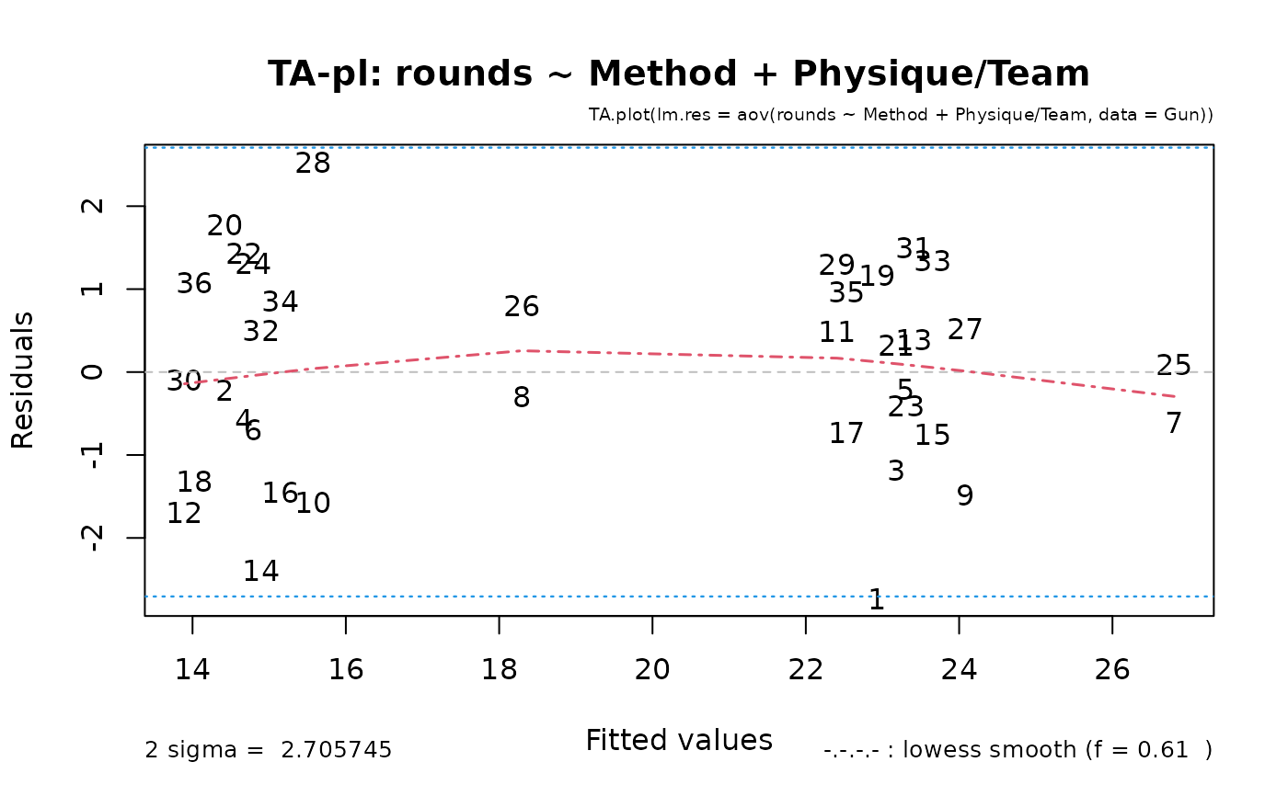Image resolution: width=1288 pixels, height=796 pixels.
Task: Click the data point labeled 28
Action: (x=313, y=164)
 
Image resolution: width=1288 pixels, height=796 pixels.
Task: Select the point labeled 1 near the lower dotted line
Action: (x=876, y=600)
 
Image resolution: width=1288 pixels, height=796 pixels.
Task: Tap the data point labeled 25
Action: (x=1174, y=365)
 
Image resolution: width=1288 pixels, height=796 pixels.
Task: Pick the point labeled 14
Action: (x=261, y=572)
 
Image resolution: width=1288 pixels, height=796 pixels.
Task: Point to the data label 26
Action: (x=522, y=307)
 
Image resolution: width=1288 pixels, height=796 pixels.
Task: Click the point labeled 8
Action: (x=522, y=397)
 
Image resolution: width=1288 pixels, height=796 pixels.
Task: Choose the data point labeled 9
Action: (x=965, y=495)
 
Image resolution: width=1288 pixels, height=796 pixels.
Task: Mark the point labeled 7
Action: (x=1174, y=423)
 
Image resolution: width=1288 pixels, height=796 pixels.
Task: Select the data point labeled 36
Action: (x=194, y=284)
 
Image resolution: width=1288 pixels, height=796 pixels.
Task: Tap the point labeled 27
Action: (x=964, y=330)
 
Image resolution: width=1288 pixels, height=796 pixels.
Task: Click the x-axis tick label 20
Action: (x=652, y=670)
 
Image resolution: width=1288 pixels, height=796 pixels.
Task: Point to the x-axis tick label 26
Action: (x=1112, y=670)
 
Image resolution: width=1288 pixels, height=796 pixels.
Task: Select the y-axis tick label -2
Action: (x=93, y=538)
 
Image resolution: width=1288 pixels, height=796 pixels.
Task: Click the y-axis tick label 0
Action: (x=93, y=372)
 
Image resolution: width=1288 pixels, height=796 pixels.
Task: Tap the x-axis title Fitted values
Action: (x=679, y=740)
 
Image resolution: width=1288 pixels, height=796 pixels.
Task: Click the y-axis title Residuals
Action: (x=22, y=381)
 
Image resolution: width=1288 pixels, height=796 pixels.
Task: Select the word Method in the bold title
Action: (x=663, y=74)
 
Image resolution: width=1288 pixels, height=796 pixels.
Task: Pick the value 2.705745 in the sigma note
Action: (x=337, y=750)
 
